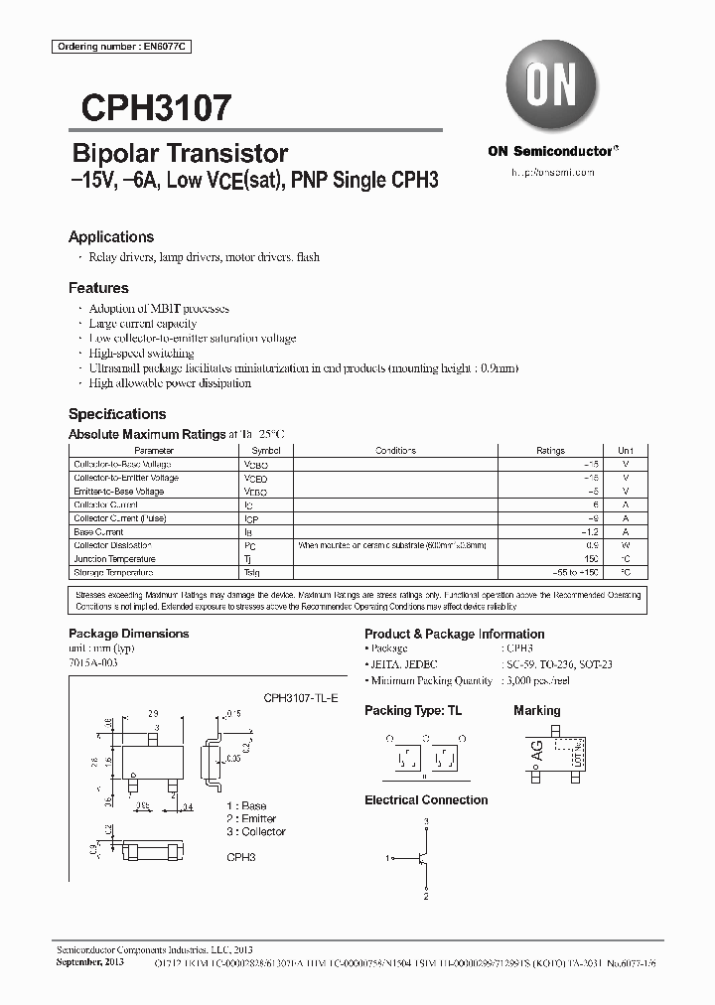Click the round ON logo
(551, 87)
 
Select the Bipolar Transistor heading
(180, 154)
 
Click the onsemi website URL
(552, 173)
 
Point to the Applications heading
(111, 237)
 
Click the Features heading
(98, 288)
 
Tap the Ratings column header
(550, 451)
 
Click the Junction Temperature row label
(113, 559)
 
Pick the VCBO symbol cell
(255, 465)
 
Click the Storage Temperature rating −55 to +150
(571, 573)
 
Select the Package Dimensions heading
(128, 634)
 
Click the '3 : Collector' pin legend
(255, 832)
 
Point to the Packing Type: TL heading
(413, 711)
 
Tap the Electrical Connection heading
(426, 799)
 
